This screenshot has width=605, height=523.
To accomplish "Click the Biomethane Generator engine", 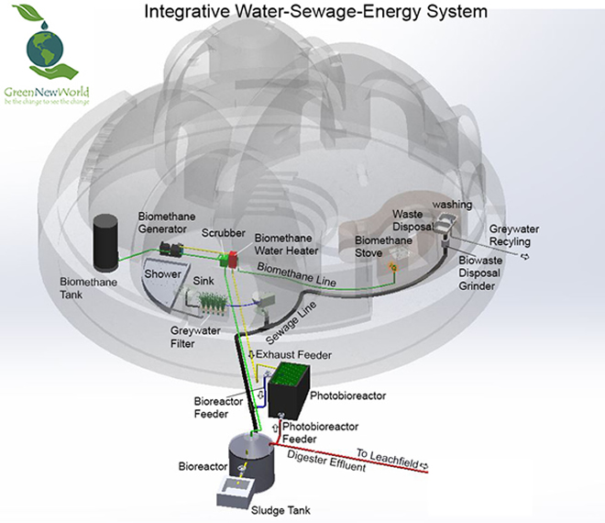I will [170, 249].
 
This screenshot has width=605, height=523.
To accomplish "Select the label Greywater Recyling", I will [521, 236].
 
